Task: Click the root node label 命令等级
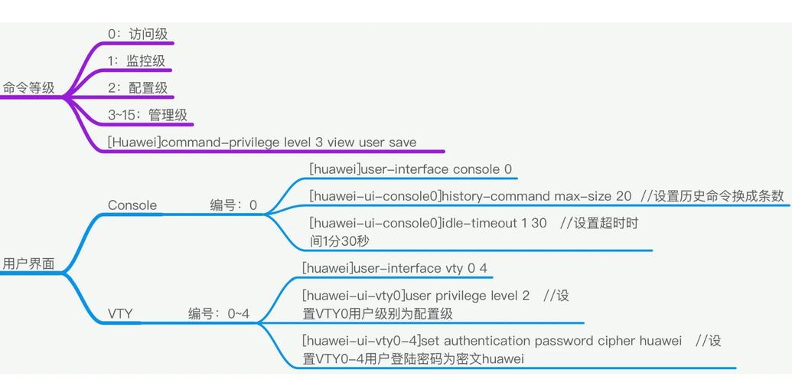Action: [x=29, y=88]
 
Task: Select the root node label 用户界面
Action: [x=29, y=264]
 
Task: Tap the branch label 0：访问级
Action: [x=138, y=34]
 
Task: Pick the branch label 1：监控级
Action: [x=136, y=61]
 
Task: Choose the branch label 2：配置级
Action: [x=138, y=88]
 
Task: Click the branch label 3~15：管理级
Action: [x=148, y=115]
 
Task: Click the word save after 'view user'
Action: [x=403, y=142]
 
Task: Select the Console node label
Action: [x=132, y=205]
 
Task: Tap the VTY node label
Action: [x=120, y=314]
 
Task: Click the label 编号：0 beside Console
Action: [x=233, y=205]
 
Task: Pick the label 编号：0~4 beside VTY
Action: [x=219, y=314]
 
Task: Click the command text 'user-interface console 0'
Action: [x=435, y=169]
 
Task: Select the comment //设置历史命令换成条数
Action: [x=712, y=196]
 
